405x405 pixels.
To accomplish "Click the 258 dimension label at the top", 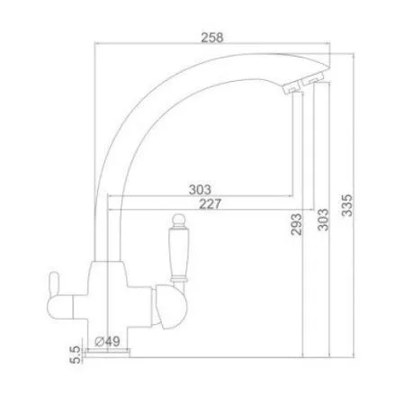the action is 212,38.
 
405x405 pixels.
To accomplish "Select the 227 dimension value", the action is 211,204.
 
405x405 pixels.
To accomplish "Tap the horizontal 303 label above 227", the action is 200,190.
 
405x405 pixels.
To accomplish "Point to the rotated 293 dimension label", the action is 296,224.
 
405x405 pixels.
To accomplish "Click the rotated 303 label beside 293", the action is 323,220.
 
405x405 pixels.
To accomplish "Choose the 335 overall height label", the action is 347,205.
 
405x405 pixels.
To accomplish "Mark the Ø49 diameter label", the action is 107,341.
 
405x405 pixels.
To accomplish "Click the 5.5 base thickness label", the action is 75,355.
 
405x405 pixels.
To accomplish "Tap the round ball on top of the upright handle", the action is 179,219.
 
